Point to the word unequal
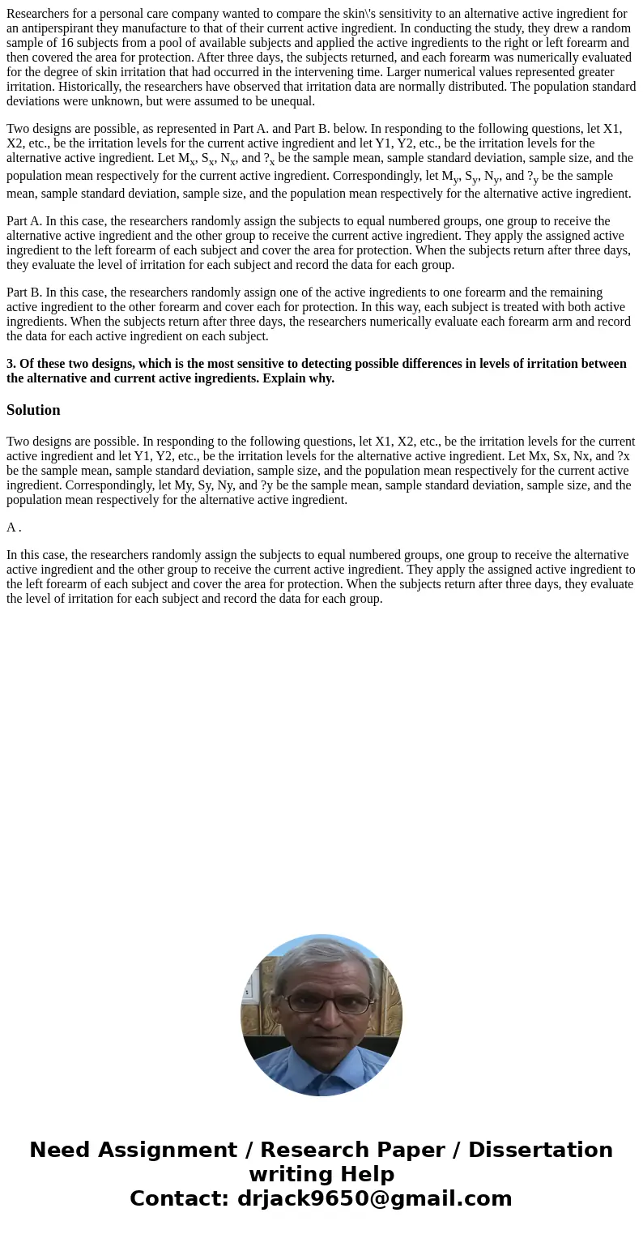292,100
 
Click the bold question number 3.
11,363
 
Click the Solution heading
33,410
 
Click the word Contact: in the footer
179,1198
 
